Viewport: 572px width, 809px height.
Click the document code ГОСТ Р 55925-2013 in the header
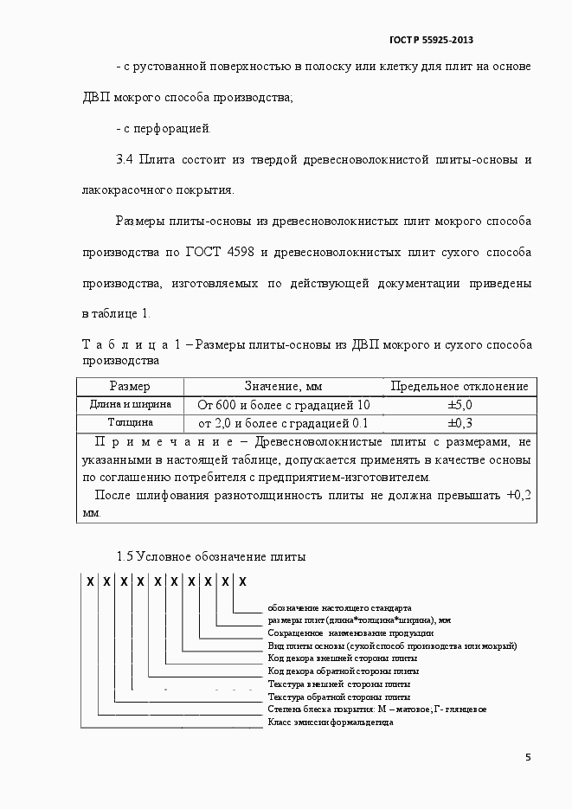pos(431,40)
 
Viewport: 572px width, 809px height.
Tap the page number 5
pos(529,757)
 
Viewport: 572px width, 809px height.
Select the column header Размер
pos(130,386)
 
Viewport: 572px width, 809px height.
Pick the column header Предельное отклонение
pos(459,386)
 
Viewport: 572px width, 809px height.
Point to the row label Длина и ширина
pos(131,404)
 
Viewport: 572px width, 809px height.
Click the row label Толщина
pos(131,423)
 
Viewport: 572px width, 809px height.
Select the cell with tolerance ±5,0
pos(459,404)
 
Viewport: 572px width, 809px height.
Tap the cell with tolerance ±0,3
pos(459,423)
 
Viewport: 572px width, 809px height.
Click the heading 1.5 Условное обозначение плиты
pos(211,556)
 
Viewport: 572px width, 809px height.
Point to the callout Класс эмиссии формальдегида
pos(331,722)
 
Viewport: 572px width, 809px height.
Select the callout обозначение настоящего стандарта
pos(339,607)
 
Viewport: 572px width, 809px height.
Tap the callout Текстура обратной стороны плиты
pos(339,696)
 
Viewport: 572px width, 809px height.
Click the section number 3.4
pos(125,160)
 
